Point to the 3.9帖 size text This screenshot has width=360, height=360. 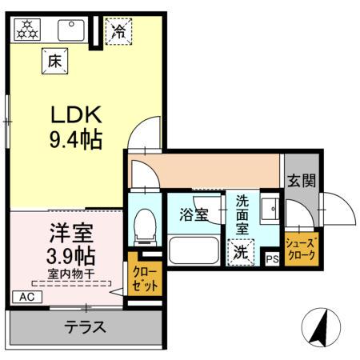pyautogui.click(x=69, y=257)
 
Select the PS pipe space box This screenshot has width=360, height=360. pyautogui.click(x=272, y=258)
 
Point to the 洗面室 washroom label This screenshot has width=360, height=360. pyautogui.click(x=242, y=215)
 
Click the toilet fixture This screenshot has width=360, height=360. pyautogui.click(x=146, y=226)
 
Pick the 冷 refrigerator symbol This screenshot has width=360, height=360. pyautogui.click(x=118, y=33)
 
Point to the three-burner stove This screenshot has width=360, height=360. pyautogui.click(x=28, y=30)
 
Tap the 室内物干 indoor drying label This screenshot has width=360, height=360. pyautogui.click(x=70, y=274)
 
